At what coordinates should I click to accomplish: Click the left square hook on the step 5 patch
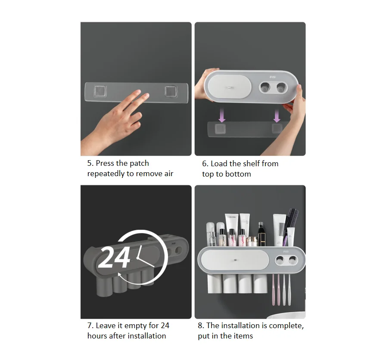(100, 91)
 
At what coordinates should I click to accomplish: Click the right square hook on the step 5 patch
(171, 92)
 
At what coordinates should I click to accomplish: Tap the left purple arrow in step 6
(222, 115)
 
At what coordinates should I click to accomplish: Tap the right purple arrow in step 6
(277, 115)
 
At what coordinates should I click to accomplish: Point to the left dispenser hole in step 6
(265, 87)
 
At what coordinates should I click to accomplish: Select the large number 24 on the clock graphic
(114, 257)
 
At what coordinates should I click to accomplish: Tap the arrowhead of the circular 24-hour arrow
(120, 275)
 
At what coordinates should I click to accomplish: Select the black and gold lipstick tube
(261, 234)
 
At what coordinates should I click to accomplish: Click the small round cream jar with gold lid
(252, 242)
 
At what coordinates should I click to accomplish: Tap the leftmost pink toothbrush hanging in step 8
(273, 290)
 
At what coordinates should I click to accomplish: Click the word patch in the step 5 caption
(139, 164)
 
